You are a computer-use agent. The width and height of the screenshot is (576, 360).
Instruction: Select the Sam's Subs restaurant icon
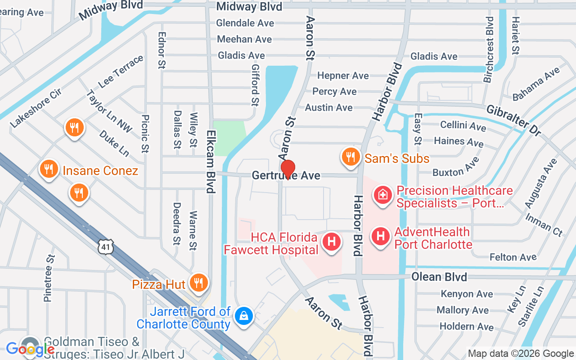click(x=351, y=157)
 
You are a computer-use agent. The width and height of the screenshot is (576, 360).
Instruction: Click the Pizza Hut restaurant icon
click(x=198, y=283)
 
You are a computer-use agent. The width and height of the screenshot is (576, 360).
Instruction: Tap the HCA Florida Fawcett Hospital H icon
click(x=332, y=242)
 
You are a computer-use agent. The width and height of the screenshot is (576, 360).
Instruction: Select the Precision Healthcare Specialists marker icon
click(x=382, y=195)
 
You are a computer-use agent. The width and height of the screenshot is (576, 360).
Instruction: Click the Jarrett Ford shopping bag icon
click(x=244, y=315)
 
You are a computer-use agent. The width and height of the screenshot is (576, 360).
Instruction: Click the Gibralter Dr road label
click(x=513, y=121)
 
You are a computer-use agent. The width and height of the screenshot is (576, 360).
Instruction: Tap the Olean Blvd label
click(x=439, y=276)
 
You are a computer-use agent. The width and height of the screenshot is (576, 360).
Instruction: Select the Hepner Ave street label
click(x=343, y=76)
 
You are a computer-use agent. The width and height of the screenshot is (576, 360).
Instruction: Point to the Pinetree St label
click(x=49, y=278)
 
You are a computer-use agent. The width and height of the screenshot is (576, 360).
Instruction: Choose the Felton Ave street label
click(x=513, y=257)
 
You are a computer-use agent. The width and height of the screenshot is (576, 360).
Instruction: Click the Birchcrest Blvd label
click(x=489, y=50)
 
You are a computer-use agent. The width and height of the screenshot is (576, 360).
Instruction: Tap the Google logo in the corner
click(x=30, y=349)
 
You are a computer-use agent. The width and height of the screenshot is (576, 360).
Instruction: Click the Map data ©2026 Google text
click(x=521, y=354)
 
